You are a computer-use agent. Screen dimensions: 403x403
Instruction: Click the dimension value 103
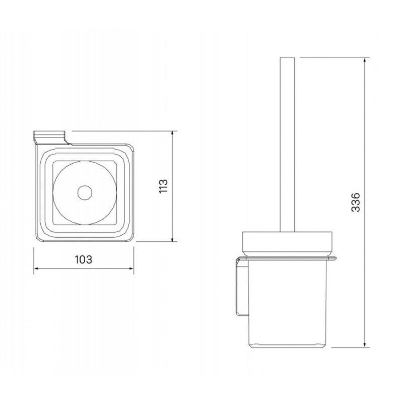[84, 259]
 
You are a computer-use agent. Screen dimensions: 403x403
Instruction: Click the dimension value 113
[163, 186]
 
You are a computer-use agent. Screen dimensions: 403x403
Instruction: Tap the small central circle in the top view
[85, 192]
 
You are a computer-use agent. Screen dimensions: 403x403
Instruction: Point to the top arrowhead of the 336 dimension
[364, 60]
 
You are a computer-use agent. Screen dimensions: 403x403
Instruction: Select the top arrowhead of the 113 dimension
[173, 135]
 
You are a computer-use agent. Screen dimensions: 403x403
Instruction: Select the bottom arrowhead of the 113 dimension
[173, 238]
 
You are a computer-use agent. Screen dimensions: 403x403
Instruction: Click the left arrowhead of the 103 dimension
[37, 268]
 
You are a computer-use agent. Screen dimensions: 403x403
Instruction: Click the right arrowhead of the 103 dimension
[130, 268]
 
